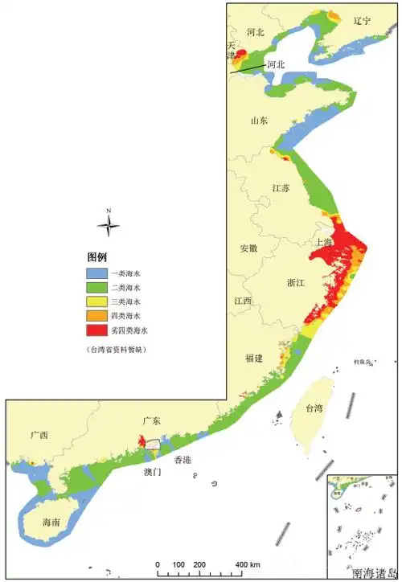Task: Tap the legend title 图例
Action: click(x=97, y=257)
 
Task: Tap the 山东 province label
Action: click(x=259, y=121)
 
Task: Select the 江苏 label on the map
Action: click(x=281, y=189)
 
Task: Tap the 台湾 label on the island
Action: click(x=313, y=408)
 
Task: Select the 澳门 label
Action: click(x=152, y=472)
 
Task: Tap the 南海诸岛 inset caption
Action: click(x=373, y=574)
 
